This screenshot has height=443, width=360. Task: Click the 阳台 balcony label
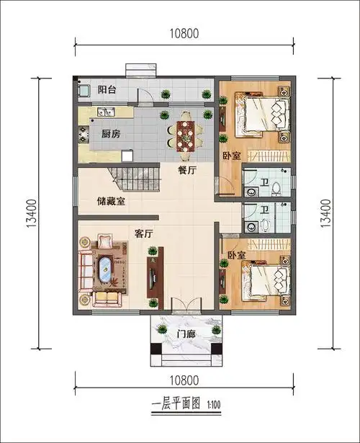(x=107, y=90)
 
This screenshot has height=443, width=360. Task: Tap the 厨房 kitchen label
(x=109, y=133)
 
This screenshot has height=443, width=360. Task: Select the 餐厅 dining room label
(x=188, y=170)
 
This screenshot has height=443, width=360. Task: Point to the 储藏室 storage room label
(x=111, y=201)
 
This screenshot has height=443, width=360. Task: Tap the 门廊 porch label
(x=186, y=333)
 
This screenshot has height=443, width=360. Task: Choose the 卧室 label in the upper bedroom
(x=230, y=156)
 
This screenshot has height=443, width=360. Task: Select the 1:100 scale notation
(x=215, y=405)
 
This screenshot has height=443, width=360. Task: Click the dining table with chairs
(x=186, y=134)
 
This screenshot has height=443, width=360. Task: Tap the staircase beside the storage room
(x=132, y=177)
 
